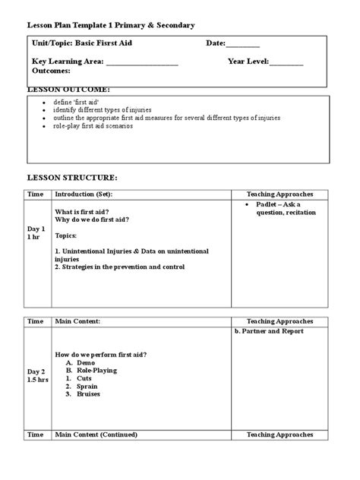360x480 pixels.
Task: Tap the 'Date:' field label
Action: point(216,43)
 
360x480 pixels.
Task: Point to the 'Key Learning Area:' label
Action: point(67,61)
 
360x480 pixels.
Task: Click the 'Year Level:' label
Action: point(248,61)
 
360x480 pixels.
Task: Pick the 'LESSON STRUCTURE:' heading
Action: point(72,178)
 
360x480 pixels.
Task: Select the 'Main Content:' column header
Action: point(77,322)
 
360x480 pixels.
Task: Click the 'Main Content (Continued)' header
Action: point(96,435)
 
